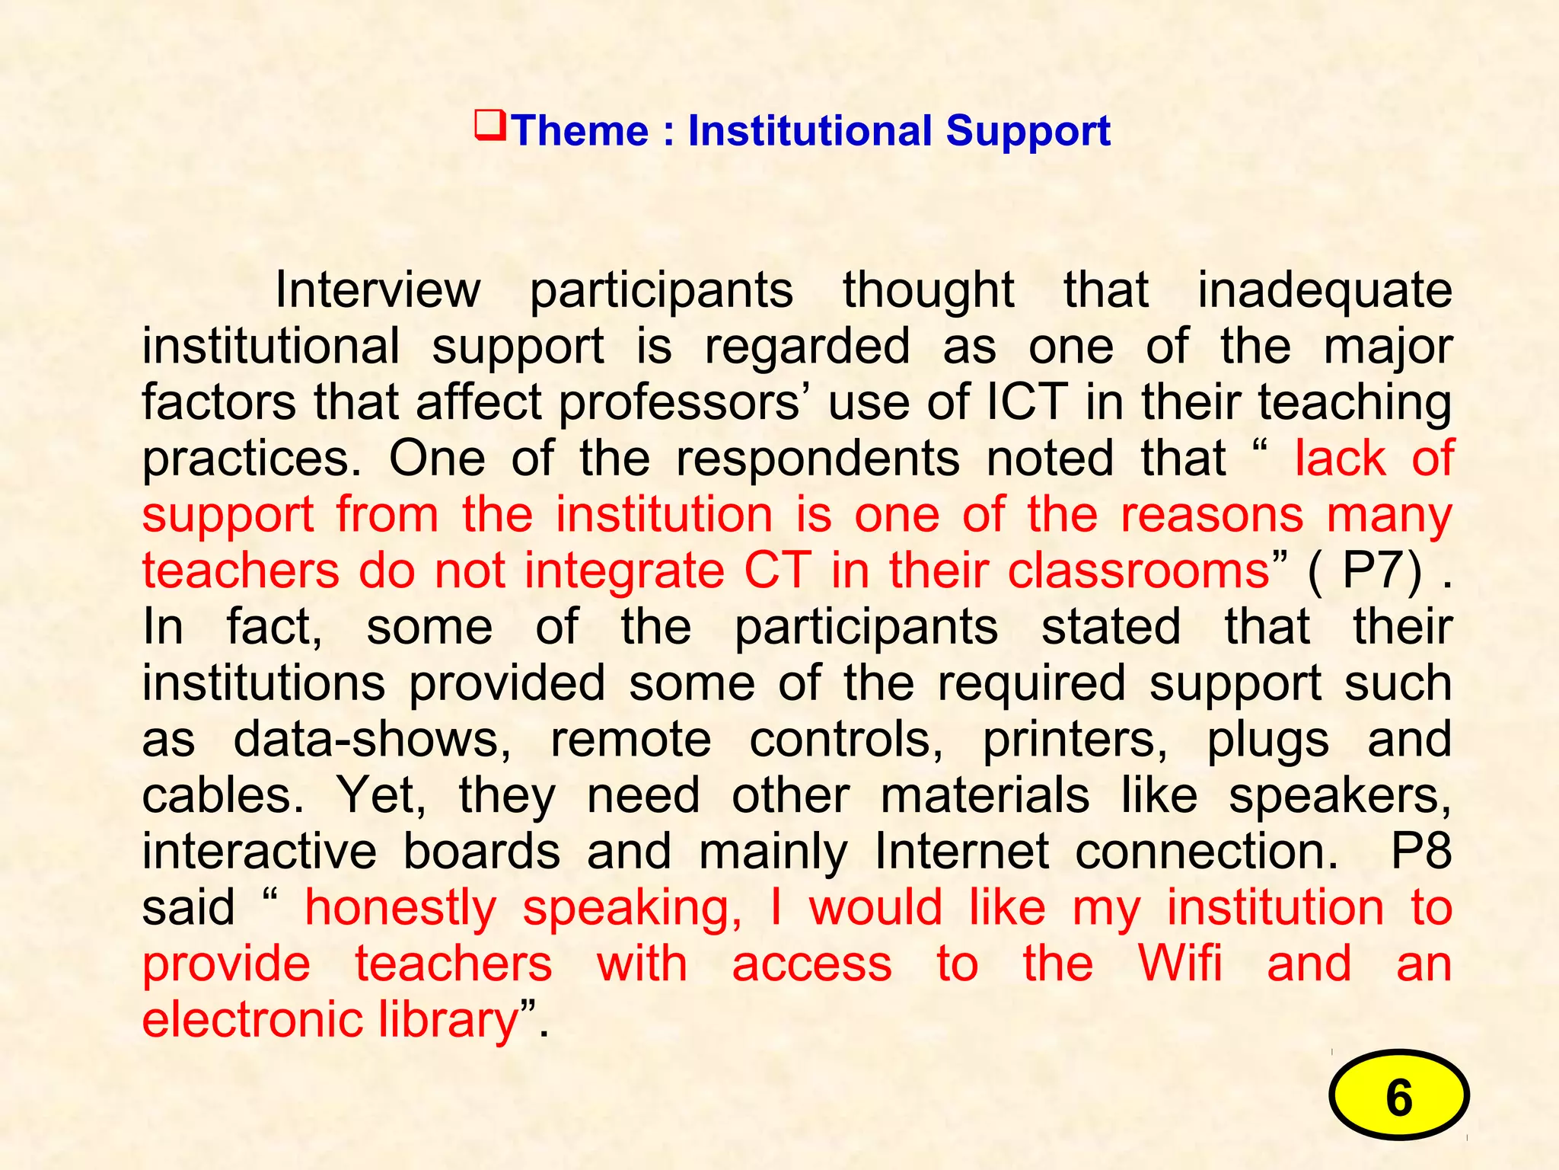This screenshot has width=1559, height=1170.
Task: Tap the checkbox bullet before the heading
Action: pos(489,126)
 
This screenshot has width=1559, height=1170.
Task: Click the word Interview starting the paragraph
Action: pos(378,290)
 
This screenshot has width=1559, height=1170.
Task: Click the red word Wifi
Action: pos(1180,964)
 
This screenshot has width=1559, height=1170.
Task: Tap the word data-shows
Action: pos(372,740)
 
